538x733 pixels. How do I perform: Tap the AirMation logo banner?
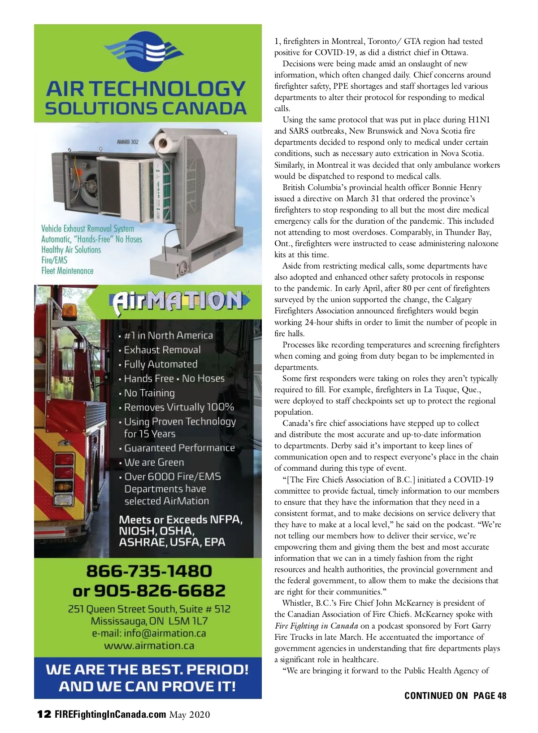pyautogui.click(x=179, y=301)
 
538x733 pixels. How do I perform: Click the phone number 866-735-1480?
pyautogui.click(x=149, y=571)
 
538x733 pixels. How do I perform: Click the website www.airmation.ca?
pyautogui.click(x=149, y=646)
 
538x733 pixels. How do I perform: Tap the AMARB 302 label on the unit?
pyautogui.click(x=128, y=142)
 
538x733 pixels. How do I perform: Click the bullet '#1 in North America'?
pyautogui.click(x=168, y=335)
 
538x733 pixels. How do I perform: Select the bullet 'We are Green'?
pyautogui.click(x=154, y=462)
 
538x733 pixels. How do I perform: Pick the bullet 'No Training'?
pyautogui.click(x=149, y=393)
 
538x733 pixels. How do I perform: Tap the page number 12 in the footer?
pyautogui.click(x=44, y=714)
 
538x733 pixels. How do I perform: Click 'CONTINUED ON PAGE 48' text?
pyautogui.click(x=455, y=695)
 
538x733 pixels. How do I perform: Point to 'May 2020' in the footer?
pyautogui.click(x=189, y=715)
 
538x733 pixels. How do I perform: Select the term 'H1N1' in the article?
pyautogui.click(x=479, y=120)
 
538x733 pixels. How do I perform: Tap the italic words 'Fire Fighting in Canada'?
pyautogui.click(x=316, y=626)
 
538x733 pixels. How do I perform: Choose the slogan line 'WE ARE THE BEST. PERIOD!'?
pyautogui.click(x=147, y=669)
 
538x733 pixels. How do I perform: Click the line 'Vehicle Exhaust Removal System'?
pyautogui.click(x=87, y=228)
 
